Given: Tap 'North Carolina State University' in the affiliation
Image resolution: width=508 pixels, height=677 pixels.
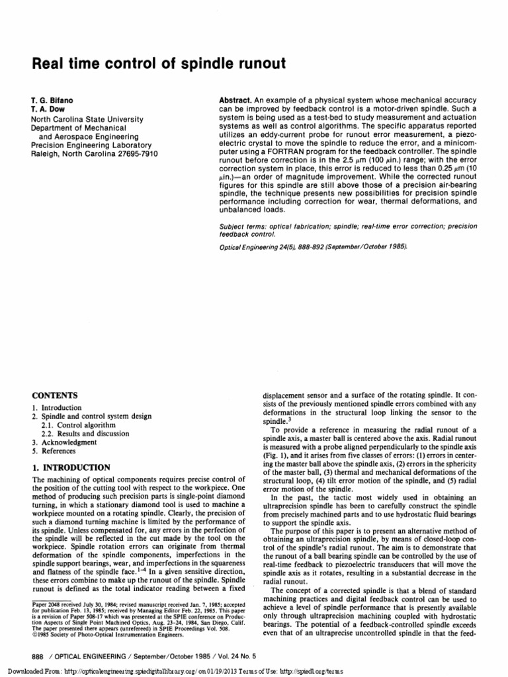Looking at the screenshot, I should pos(85,116).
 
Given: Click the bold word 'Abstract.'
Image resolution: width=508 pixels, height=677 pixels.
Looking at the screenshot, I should pos(237,99).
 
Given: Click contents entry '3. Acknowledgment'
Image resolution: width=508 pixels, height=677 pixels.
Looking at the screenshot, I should pos(64,442).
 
